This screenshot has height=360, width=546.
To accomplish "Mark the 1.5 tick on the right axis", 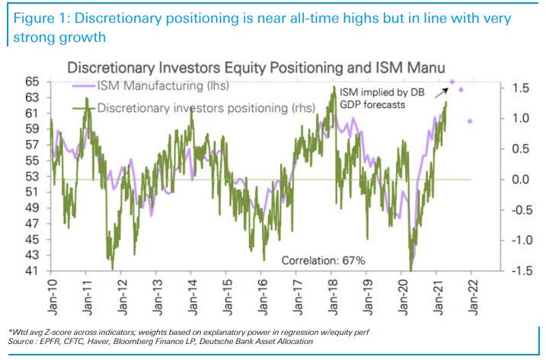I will (x=520, y=89).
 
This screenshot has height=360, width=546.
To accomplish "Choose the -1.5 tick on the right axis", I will (x=519, y=270).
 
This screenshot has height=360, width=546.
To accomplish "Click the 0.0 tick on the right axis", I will (x=520, y=180).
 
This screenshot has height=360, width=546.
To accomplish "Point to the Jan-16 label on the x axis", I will (x=261, y=297).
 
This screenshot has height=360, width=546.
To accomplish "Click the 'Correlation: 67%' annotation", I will (x=324, y=260).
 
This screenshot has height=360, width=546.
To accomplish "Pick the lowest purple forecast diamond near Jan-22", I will (x=471, y=121).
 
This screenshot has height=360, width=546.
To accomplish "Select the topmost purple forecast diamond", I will (x=453, y=81).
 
